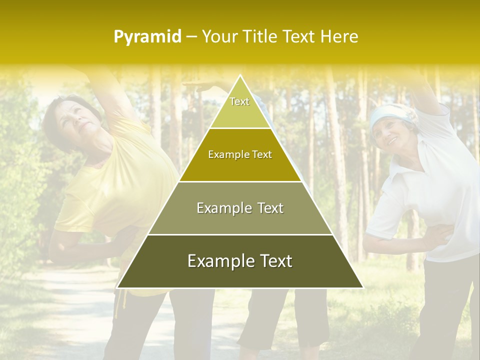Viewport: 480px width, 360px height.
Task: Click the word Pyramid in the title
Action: point(147,37)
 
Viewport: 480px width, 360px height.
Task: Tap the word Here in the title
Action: point(339,36)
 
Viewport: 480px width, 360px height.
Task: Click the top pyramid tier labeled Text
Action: point(239,107)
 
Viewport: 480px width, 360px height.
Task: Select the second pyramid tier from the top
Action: point(240,155)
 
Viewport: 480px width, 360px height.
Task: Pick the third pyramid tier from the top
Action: point(240,208)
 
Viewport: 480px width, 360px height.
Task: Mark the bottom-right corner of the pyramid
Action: point(362,287)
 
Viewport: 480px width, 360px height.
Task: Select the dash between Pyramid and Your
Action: point(191,37)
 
